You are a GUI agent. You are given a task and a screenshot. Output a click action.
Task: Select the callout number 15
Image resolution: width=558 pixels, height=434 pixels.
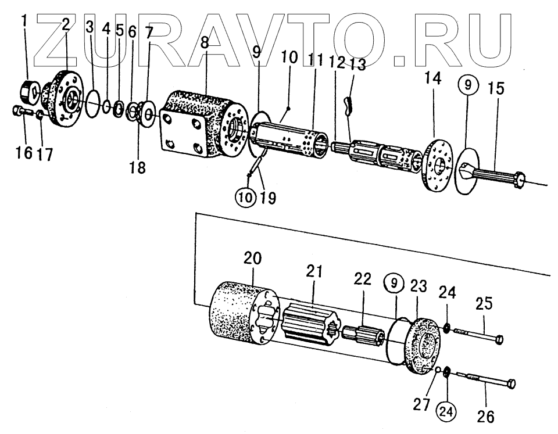pos(496,89)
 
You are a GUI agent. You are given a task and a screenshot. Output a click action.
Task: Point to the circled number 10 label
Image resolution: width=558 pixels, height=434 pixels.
pos(246,197)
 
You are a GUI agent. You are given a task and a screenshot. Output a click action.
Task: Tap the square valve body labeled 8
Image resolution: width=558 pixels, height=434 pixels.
pos(198,125)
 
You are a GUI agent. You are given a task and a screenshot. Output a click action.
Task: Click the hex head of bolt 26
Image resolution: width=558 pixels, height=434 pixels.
pos(512,383)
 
